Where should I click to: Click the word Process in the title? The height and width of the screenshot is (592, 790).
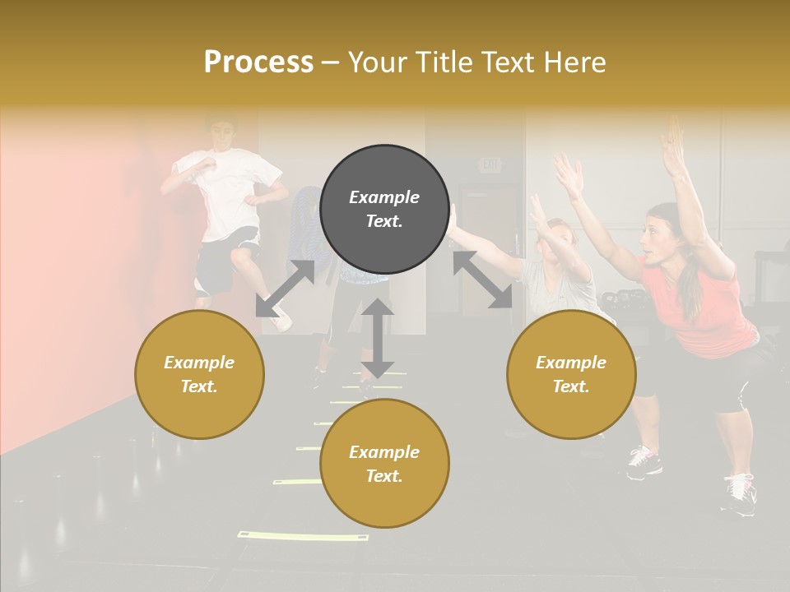point(258,62)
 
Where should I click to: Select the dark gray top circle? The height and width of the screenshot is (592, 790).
point(384,210)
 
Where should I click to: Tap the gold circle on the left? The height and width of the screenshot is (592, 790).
point(199,374)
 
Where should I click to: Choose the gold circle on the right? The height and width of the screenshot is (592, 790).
point(571,374)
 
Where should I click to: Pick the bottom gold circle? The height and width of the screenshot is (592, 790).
point(384,464)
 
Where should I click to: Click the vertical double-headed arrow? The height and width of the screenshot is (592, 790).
point(377,338)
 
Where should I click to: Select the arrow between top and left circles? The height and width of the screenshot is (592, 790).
point(285,289)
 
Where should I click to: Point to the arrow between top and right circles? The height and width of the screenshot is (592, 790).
point(482,280)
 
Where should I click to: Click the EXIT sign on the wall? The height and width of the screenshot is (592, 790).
point(490,165)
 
